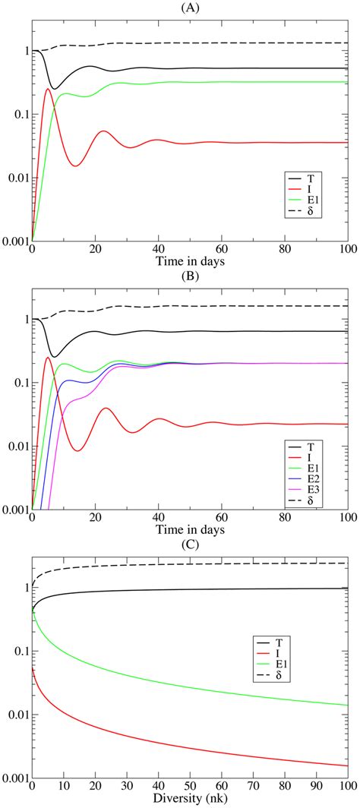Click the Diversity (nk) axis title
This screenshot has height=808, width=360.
(x=190, y=799)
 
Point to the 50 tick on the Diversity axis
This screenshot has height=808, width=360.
(x=190, y=786)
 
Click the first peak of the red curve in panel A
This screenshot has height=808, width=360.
(x=48, y=90)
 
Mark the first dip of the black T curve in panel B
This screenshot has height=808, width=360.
(x=54, y=357)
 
